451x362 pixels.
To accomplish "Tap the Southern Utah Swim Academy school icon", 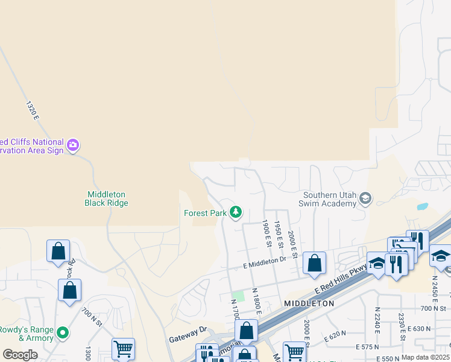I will [x=365, y=198].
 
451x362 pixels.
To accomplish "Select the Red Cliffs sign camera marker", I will [x=73, y=145].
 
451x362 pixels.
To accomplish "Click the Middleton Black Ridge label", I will [x=106, y=198].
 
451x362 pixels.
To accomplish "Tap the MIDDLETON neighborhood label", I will [x=309, y=303].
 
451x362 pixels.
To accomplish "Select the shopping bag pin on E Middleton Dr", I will [x=314, y=263].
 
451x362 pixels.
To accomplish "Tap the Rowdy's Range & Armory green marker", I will [x=62, y=332].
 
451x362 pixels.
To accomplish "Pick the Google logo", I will [x=20, y=354].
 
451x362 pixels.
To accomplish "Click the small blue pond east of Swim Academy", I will [x=422, y=206].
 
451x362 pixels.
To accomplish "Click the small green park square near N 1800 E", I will [x=239, y=296].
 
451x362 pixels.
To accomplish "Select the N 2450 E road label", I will [x=434, y=290].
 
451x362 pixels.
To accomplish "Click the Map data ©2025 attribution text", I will [x=425, y=357].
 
